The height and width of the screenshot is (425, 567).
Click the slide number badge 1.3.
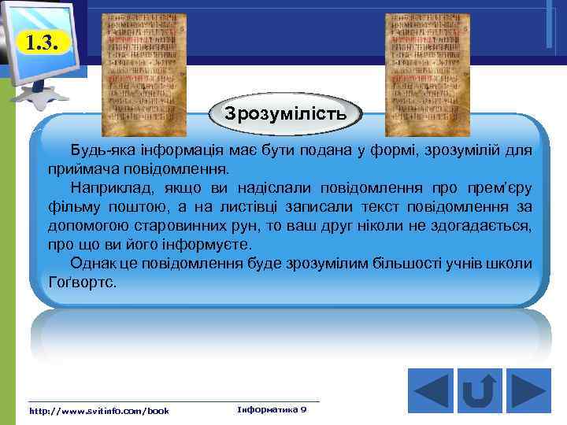click(40, 42)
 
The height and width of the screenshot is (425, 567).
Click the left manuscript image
click(145, 75)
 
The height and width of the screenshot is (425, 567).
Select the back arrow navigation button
click(431, 391)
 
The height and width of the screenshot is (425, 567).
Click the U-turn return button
click(479, 391)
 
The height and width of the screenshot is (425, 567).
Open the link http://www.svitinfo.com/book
click(98, 411)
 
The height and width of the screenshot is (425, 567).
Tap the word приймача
click(80, 168)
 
